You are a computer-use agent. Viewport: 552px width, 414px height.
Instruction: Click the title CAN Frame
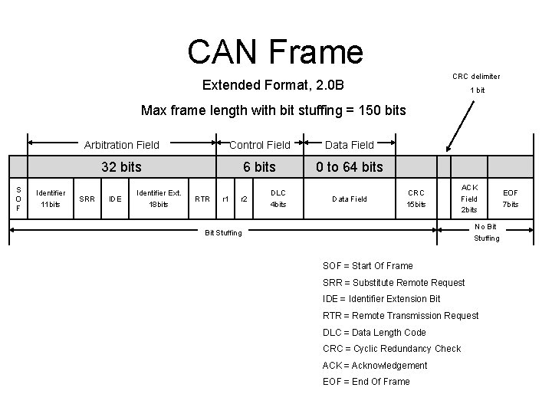point(274,51)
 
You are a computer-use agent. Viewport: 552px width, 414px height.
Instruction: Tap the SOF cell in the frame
point(18,199)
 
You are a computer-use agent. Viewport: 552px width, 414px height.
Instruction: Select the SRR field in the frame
point(87,199)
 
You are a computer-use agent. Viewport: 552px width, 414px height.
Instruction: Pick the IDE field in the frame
point(115,199)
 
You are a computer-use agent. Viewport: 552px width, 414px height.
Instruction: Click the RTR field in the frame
point(202,199)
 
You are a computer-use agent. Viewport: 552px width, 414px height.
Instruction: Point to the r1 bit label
point(225,199)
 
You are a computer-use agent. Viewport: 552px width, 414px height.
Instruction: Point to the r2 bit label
point(245,199)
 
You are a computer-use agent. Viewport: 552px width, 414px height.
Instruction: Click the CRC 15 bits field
point(416,199)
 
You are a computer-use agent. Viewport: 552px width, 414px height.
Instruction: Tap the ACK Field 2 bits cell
point(469,199)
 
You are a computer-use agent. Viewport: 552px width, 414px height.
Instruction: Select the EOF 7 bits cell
point(511,199)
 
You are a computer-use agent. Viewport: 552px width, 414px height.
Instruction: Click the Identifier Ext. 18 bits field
point(158,199)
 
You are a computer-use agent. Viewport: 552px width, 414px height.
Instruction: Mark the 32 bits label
point(121,167)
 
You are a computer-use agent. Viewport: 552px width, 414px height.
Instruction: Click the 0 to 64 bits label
point(350,167)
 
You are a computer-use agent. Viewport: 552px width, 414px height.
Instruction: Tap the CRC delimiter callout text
point(476,76)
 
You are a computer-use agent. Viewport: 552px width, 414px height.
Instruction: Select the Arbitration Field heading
point(121,144)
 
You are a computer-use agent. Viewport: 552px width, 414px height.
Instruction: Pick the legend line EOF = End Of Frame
point(366,382)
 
